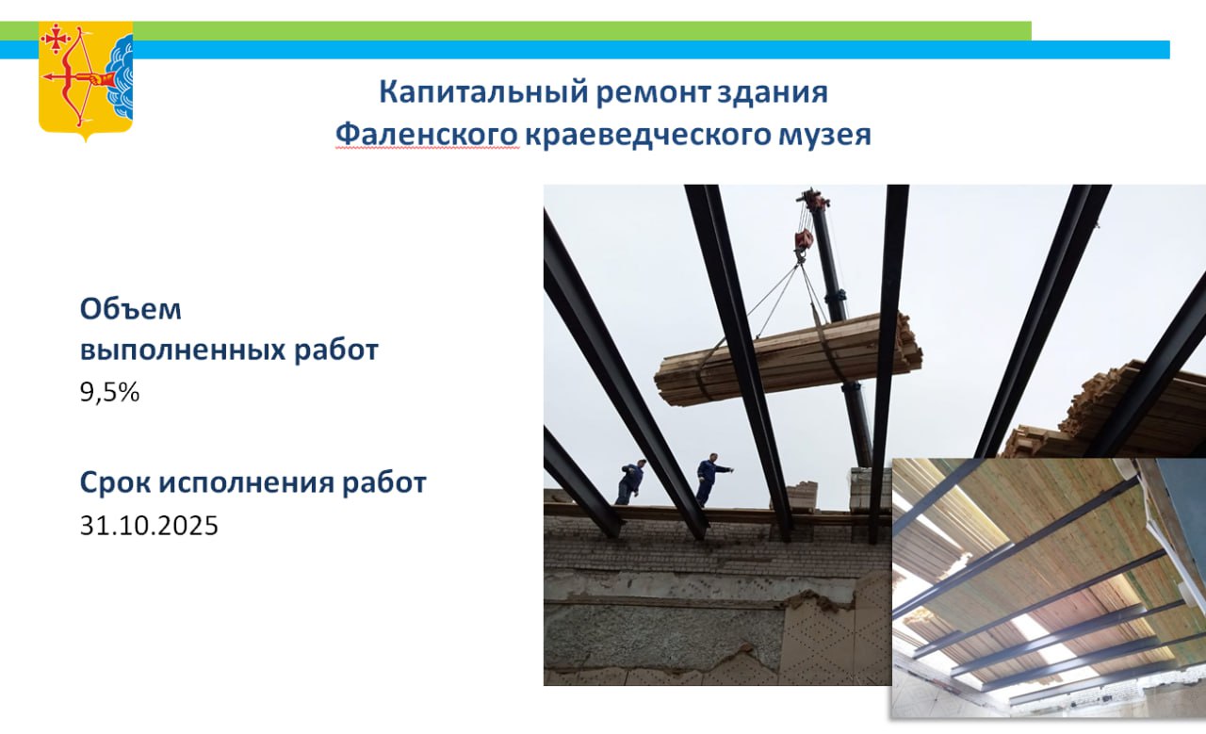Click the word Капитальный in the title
(x=483, y=91)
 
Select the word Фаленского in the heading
(x=427, y=134)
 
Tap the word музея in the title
(x=824, y=136)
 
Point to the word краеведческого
(x=648, y=135)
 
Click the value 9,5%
(x=110, y=392)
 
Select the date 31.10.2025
(x=149, y=525)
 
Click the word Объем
(x=131, y=309)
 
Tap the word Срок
(x=115, y=482)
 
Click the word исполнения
(x=247, y=482)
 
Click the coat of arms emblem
(x=86, y=81)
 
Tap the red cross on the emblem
(x=56, y=39)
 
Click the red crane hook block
(x=803, y=239)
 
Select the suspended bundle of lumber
(x=788, y=360)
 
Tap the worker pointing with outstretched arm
(x=710, y=480)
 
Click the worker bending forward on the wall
(x=630, y=481)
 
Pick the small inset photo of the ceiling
(x=1049, y=588)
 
